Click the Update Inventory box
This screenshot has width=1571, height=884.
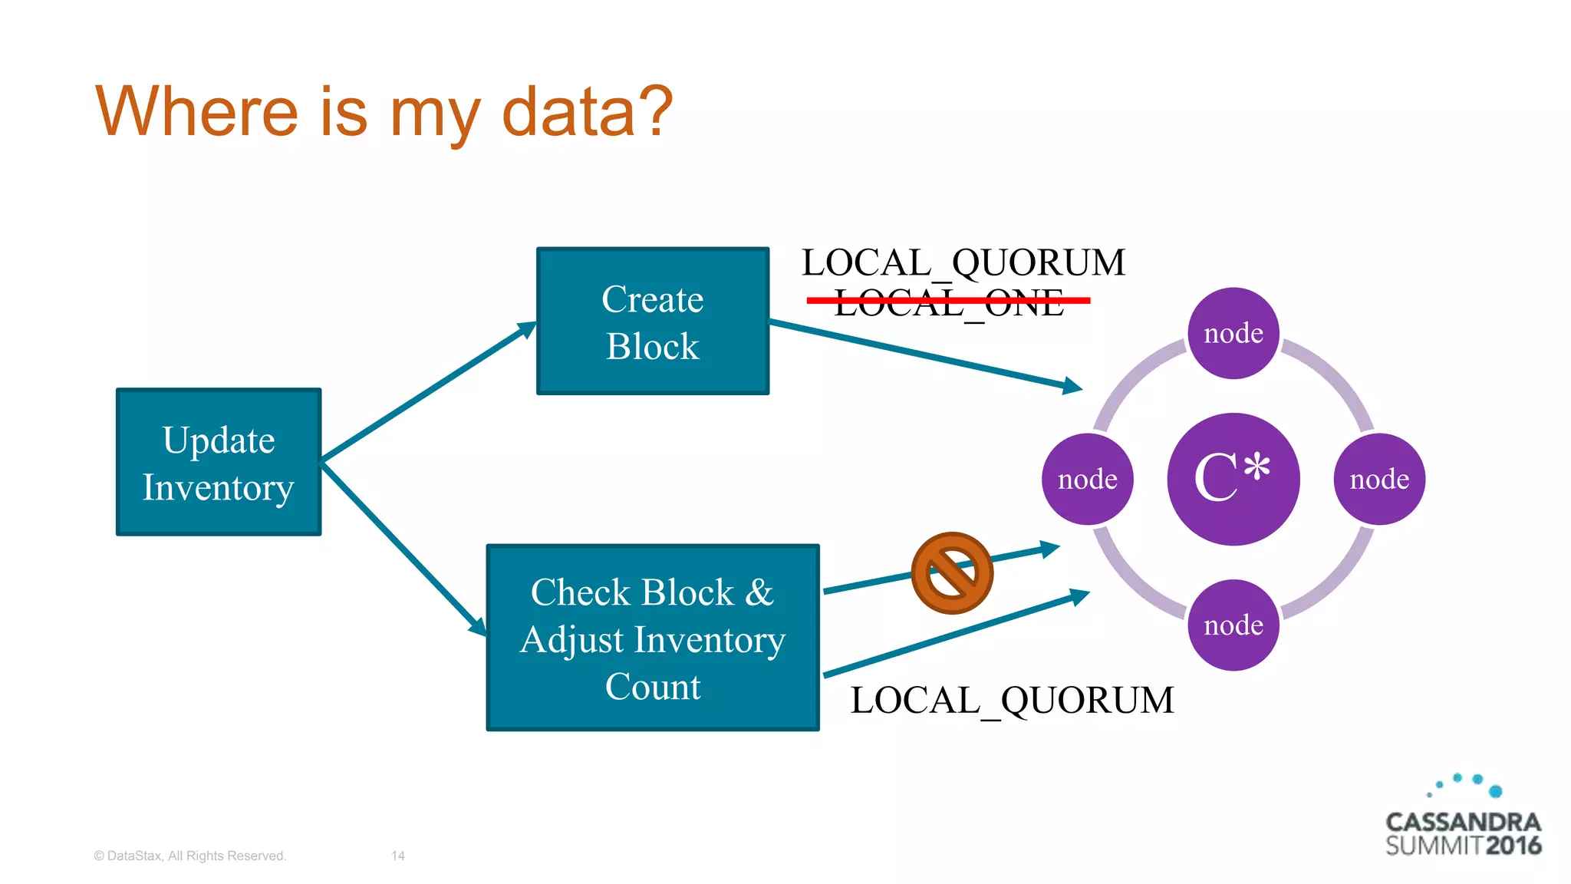coord(219,462)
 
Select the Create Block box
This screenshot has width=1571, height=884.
coord(652,321)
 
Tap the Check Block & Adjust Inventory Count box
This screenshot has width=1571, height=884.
coord(652,638)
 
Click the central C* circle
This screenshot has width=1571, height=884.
coord(1233,480)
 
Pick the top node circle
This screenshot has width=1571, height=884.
coord(1233,333)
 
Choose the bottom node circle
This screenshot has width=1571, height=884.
coord(1233,625)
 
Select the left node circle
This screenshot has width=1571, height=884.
coord(1087,480)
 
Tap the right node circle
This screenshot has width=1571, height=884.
coord(1379,480)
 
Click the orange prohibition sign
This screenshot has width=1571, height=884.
coord(952,573)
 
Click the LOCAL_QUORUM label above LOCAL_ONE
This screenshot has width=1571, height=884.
coord(963,263)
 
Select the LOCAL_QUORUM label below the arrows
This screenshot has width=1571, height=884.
coord(1012,701)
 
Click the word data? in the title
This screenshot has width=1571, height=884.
coord(587,112)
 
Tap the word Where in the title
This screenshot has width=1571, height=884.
coord(196,112)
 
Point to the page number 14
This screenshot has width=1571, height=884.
coord(398,856)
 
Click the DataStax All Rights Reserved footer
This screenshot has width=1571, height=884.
coord(189,856)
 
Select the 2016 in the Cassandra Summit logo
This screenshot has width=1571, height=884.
coord(1513,846)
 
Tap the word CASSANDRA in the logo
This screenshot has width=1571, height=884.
coord(1463,822)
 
